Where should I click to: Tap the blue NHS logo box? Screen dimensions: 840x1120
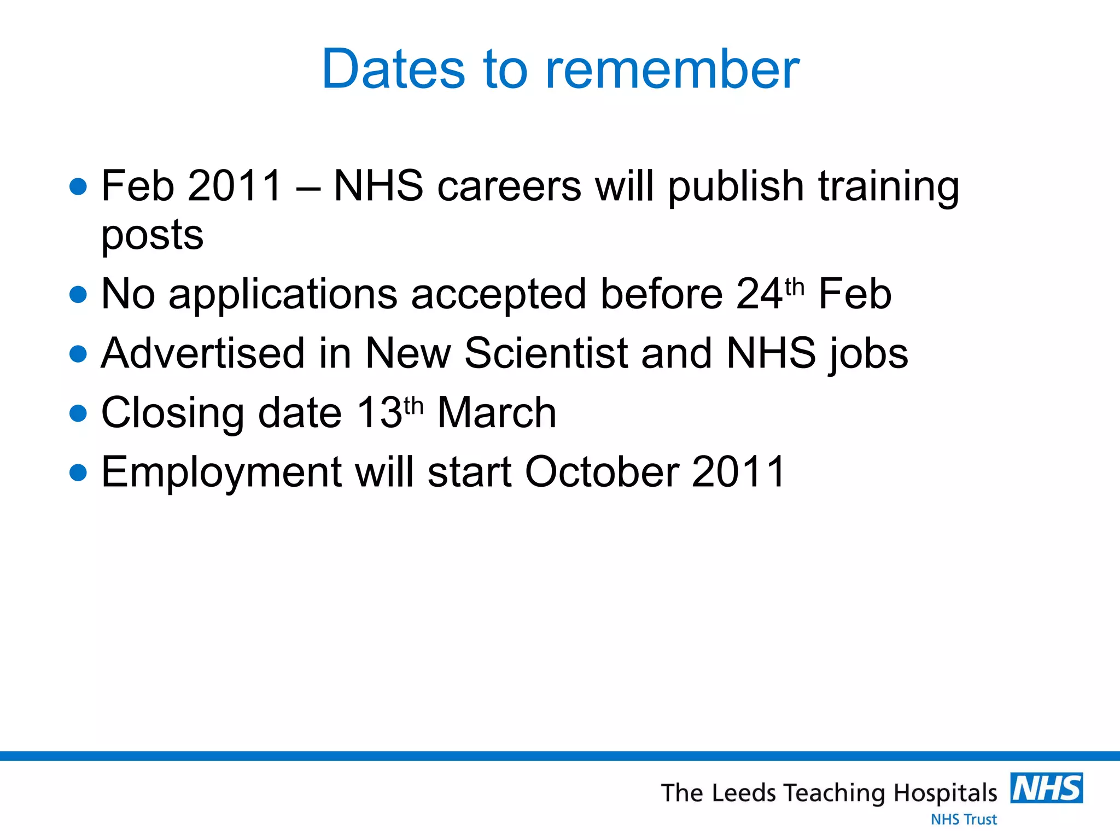tap(1046, 788)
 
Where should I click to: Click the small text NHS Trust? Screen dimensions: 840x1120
tap(964, 819)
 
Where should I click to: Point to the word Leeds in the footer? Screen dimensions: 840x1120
tap(744, 793)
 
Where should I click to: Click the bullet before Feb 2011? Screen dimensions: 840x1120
tap(79, 186)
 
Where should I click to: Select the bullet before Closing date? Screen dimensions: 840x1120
tap(79, 413)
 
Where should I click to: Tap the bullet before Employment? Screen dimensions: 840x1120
tap(79, 472)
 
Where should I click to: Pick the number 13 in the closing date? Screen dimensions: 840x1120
tap(380, 413)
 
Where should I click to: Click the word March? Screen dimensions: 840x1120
tap(497, 413)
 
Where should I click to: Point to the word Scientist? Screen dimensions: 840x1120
tap(546, 353)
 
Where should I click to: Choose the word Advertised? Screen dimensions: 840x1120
tap(203, 353)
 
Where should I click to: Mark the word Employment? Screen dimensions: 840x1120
tap(221, 472)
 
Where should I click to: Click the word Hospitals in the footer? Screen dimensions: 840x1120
tap(946, 793)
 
